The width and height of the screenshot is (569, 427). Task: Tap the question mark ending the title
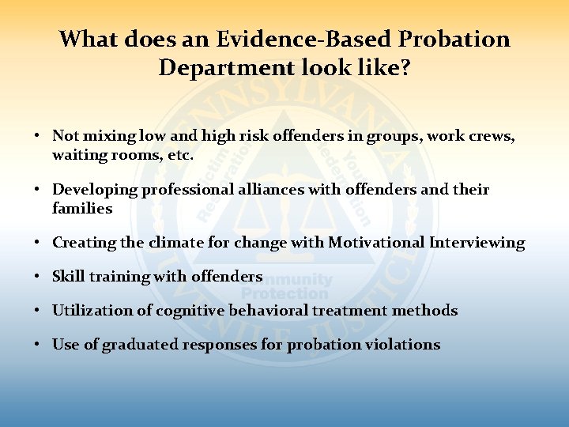click(405, 68)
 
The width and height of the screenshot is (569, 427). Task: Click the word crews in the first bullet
click(491, 136)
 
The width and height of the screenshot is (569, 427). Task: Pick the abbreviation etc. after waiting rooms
click(179, 156)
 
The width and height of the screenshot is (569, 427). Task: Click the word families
click(82, 209)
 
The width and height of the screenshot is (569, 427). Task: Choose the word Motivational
click(378, 243)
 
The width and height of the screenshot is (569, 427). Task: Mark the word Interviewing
click(477, 243)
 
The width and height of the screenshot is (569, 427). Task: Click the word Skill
click(69, 277)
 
